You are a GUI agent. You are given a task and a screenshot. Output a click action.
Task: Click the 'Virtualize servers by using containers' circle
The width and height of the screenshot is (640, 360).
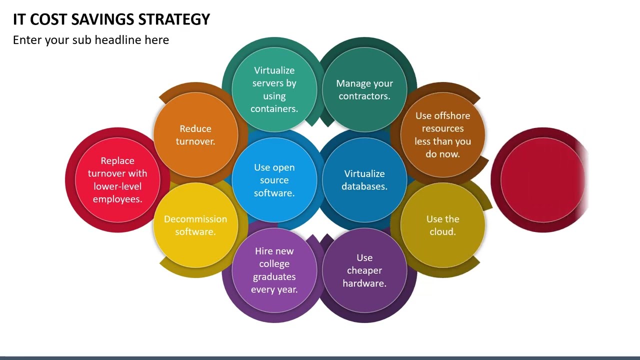click(x=274, y=89)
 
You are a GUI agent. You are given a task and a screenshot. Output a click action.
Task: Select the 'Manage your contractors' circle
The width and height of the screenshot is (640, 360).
click(x=364, y=89)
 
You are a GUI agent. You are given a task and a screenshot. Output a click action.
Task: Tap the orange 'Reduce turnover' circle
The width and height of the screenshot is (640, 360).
click(x=195, y=135)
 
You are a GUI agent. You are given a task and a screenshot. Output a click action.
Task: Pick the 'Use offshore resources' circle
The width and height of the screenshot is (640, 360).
click(x=442, y=134)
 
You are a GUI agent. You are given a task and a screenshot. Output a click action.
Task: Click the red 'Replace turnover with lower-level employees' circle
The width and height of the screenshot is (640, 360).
click(x=117, y=180)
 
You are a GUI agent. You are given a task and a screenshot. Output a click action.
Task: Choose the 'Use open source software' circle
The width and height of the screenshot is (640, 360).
click(x=274, y=180)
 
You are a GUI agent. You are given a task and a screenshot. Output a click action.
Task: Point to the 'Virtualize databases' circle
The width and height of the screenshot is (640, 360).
click(x=364, y=180)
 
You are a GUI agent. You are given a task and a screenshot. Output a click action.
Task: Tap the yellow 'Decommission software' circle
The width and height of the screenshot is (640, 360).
click(x=195, y=225)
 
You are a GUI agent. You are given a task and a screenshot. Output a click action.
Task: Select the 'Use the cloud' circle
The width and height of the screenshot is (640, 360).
click(x=442, y=225)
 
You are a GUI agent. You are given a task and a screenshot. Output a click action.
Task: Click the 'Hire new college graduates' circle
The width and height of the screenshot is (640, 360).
click(x=274, y=270)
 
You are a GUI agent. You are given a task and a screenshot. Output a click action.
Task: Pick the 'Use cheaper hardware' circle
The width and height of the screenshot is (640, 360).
click(x=364, y=270)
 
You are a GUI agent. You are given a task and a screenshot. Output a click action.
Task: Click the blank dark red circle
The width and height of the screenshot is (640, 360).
click(x=542, y=180)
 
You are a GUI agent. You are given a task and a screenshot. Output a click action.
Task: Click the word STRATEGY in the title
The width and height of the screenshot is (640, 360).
click(x=174, y=19)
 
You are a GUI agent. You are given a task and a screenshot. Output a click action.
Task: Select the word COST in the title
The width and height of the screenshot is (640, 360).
click(x=48, y=19)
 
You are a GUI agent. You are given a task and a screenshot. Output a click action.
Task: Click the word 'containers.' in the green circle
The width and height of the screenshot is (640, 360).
click(x=274, y=109)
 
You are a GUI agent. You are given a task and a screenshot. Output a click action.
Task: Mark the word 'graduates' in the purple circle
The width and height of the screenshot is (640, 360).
click(x=274, y=276)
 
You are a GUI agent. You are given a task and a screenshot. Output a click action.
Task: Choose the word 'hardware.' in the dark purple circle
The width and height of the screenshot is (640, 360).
click(x=364, y=283)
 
